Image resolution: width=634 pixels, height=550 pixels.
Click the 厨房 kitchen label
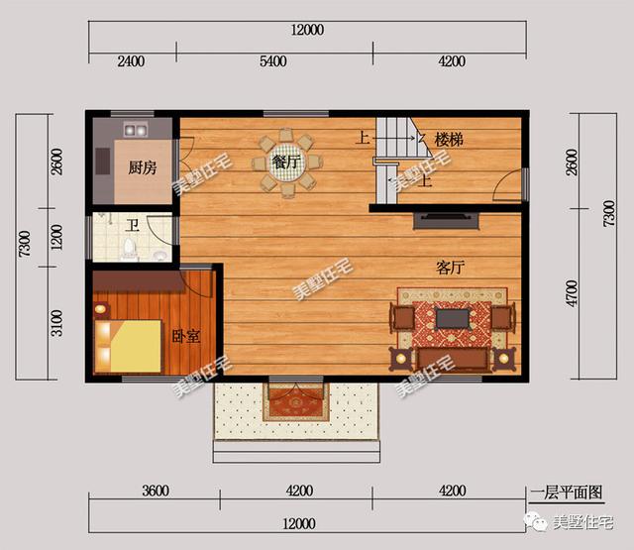click(x=143, y=167)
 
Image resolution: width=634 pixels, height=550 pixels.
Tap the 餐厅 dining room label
click(x=287, y=161)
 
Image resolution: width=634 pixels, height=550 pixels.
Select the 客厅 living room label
click(x=452, y=267)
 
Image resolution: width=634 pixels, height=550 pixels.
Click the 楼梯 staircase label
click(x=450, y=140)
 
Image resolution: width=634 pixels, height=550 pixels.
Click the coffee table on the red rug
click(x=454, y=318)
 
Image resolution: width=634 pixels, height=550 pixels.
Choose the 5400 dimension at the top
click(x=272, y=61)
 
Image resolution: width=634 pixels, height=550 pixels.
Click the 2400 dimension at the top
click(x=132, y=61)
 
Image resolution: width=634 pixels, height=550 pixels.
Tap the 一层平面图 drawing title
click(x=567, y=492)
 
